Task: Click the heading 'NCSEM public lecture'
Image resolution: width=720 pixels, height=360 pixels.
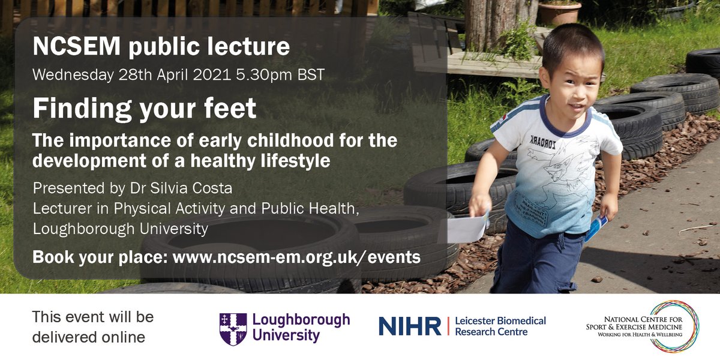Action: (161, 47)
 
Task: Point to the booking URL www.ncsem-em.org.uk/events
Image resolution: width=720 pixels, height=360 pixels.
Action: (296, 257)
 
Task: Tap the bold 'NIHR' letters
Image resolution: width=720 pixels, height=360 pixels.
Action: (410, 326)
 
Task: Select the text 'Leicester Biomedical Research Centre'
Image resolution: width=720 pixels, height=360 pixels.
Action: (500, 326)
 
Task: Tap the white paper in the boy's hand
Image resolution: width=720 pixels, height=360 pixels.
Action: (468, 228)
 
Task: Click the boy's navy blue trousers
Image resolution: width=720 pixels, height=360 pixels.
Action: (537, 261)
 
